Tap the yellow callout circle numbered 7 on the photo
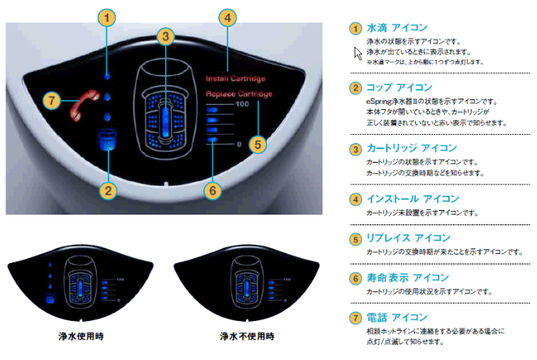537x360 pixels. click(50, 100)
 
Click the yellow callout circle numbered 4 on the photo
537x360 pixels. click(229, 17)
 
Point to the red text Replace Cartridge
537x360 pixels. click(239, 94)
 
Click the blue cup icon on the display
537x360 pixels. click(108, 140)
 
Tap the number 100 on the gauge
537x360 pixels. click(243, 104)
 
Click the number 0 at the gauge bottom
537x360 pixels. click(240, 144)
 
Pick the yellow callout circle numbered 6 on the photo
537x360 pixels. click(213, 191)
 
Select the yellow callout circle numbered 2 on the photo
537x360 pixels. click(109, 190)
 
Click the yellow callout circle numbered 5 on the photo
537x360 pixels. click(258, 143)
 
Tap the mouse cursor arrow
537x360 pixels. click(359, 53)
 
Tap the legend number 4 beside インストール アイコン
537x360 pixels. click(355, 200)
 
